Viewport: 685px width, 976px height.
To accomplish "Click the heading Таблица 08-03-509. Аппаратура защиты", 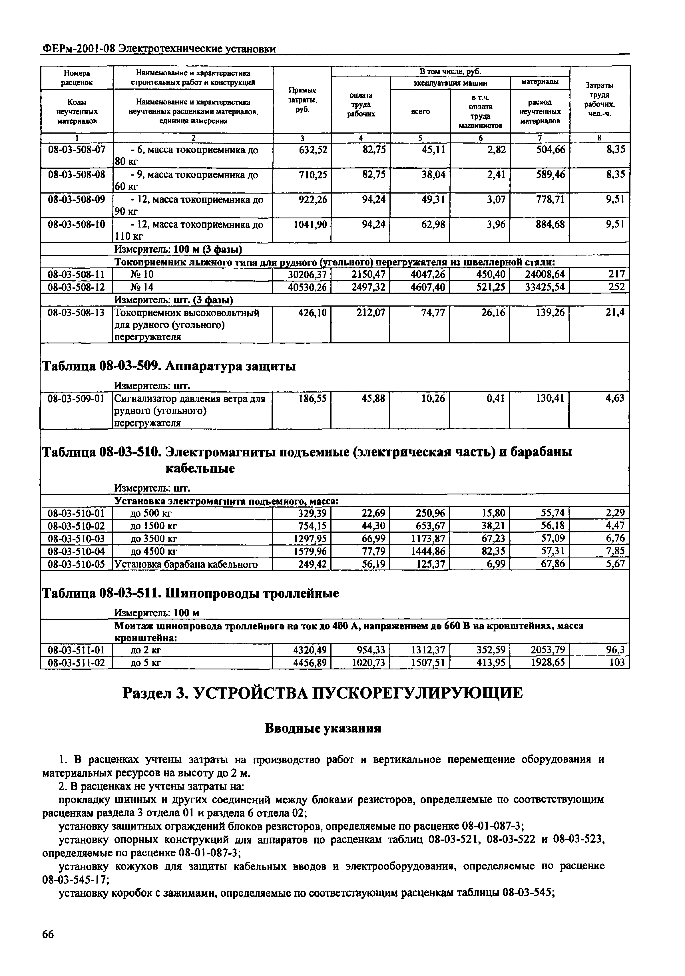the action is [168, 366].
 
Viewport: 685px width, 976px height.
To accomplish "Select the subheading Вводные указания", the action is [323, 729].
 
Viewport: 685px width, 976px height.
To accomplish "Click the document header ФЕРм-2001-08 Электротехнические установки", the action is [158, 49].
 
